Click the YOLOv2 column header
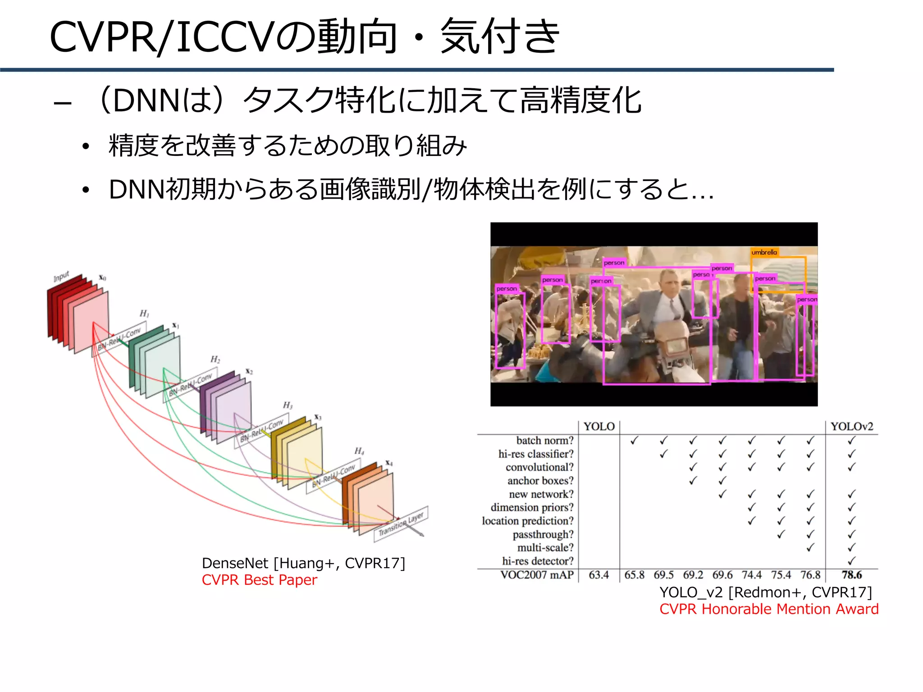(x=852, y=427)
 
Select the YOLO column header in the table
(x=599, y=427)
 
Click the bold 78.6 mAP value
(x=852, y=575)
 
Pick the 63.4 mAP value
(x=599, y=575)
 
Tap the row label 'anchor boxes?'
(x=540, y=481)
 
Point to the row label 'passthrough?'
(x=543, y=534)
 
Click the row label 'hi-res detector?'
(x=538, y=561)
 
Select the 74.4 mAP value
(x=752, y=575)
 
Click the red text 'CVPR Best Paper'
(x=259, y=580)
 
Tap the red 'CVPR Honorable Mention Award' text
(x=769, y=609)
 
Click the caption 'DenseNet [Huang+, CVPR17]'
(x=303, y=563)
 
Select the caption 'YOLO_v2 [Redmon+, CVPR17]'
(x=766, y=592)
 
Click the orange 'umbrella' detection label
(x=764, y=252)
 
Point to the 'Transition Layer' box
(x=401, y=524)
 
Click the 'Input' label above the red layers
(x=61, y=276)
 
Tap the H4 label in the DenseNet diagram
(x=359, y=451)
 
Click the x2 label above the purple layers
(x=249, y=371)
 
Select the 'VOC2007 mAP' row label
(x=537, y=575)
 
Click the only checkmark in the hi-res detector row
(x=851, y=561)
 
